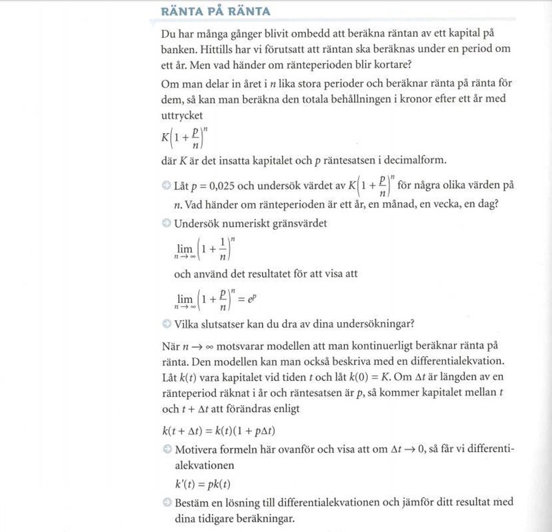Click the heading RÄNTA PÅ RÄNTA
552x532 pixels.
(x=215, y=12)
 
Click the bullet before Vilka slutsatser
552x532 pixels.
(x=166, y=324)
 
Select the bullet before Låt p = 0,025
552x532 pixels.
(x=166, y=186)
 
